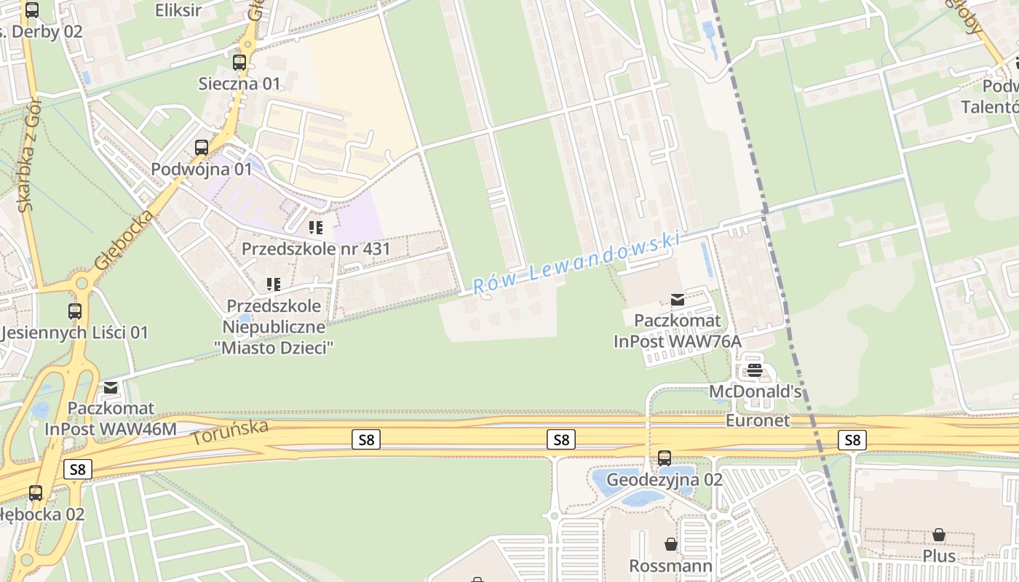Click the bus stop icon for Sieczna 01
[x=239, y=63]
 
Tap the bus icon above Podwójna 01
[x=202, y=148]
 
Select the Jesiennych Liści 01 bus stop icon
[x=75, y=311]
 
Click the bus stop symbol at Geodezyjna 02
[x=665, y=458]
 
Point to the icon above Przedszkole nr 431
[x=315, y=228]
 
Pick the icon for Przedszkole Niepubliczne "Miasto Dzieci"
[x=274, y=284]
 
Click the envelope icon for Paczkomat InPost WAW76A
[x=678, y=299]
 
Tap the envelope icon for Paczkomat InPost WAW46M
[x=111, y=387]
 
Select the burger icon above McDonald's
[x=755, y=370]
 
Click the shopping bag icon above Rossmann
[x=670, y=544]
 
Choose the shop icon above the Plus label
[x=939, y=535]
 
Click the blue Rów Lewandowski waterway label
[x=576, y=263]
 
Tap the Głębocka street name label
[x=124, y=240]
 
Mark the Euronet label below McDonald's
[x=758, y=420]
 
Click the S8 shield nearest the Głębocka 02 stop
[x=77, y=469]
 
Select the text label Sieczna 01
[x=239, y=84]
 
